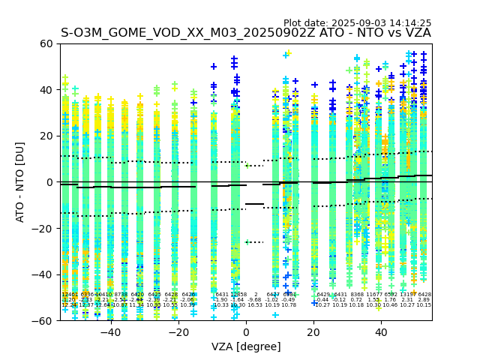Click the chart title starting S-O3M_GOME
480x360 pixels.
pos(246,33)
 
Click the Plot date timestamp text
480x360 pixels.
pos(357,23)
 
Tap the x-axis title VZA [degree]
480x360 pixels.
pos(246,346)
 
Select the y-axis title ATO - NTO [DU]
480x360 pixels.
pos(20,181)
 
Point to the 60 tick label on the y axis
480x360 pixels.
pos(46,43)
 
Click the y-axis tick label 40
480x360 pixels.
pos(46,90)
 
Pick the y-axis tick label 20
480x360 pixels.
pos(46,136)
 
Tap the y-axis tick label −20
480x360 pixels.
pos(43,228)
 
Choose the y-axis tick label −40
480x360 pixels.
pos(43,274)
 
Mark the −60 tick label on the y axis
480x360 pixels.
pos(43,320)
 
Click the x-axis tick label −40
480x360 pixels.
pos(110,332)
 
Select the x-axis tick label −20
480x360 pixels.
pos(178,332)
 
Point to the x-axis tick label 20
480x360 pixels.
pos(314,332)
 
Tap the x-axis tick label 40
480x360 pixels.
pos(382,332)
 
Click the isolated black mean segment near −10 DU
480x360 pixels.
pos(255,204)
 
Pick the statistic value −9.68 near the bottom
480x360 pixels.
pos(255,300)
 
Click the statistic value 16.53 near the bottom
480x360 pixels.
pos(255,305)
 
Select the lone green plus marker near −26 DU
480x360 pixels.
pos(247,242)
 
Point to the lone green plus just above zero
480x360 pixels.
pos(247,165)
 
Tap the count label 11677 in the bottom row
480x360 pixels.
pos(373,295)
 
